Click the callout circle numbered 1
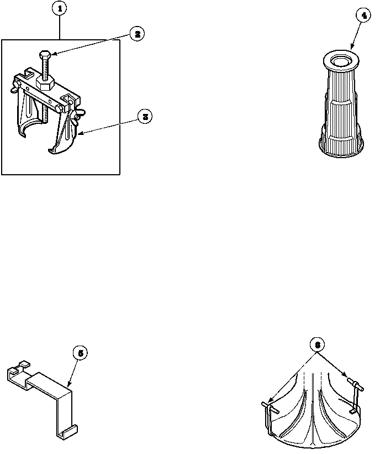(59, 9)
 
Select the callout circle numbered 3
(145, 117)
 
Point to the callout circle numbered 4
(362, 16)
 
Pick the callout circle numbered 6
(316, 343)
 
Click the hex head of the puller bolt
(45, 54)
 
